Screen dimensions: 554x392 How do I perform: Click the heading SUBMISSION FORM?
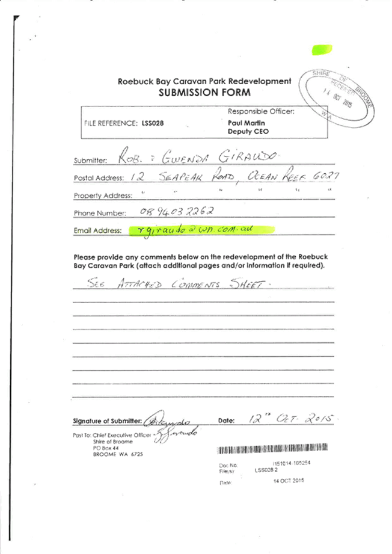point(204,93)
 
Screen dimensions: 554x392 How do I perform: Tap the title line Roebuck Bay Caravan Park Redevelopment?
point(204,81)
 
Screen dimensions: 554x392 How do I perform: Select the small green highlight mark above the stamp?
point(321,49)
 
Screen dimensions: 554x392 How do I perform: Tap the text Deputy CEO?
point(248,131)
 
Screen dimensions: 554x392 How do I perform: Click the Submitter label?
point(90,161)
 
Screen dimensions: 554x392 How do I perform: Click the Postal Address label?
point(99,178)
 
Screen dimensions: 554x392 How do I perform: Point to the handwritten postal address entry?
point(234,175)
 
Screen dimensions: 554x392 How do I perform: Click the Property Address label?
point(102,195)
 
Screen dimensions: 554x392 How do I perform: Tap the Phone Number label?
point(99,214)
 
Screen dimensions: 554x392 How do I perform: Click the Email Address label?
point(98,230)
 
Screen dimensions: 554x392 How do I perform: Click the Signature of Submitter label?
point(106,420)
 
